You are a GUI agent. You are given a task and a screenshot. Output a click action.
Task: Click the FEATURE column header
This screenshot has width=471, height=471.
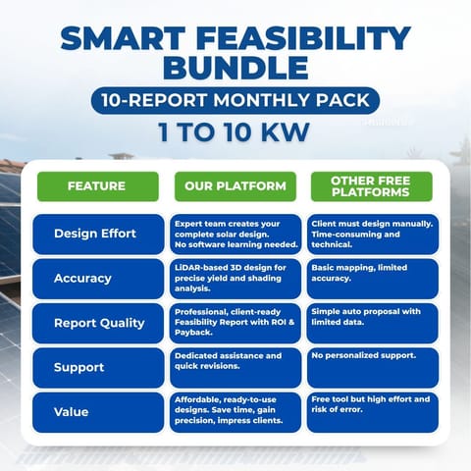tap(97, 186)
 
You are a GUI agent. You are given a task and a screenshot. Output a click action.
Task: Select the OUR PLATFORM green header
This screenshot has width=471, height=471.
tap(235, 186)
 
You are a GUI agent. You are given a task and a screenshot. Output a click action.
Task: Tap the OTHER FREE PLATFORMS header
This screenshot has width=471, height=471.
tap(372, 186)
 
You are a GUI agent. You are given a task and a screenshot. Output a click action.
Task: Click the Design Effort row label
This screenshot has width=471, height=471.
tap(97, 234)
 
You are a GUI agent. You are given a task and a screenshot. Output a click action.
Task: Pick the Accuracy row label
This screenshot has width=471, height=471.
tap(97, 279)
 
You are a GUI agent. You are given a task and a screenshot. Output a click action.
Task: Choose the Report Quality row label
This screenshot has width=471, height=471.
tap(97, 323)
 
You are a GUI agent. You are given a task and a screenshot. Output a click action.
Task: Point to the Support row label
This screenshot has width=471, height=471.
tap(97, 367)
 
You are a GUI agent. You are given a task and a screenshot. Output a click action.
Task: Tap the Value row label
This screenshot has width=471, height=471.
tap(97, 412)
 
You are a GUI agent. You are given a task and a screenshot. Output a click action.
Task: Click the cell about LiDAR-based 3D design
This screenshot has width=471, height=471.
tap(235, 279)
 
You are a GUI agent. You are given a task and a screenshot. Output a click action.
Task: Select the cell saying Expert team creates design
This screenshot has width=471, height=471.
tap(235, 234)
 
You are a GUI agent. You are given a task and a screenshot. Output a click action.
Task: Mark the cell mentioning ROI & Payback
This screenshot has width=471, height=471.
tap(235, 323)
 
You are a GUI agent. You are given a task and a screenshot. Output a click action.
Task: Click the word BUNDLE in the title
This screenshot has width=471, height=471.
tap(235, 70)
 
